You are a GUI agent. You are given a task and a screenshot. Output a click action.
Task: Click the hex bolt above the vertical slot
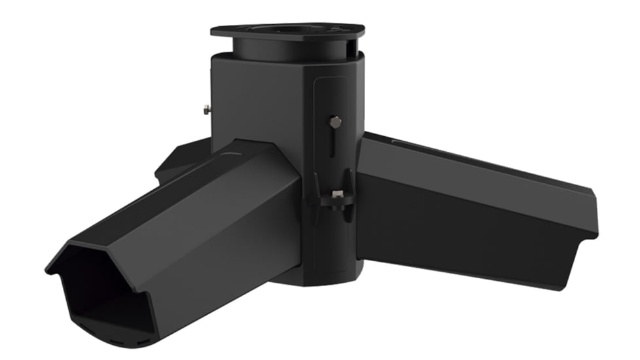(336, 122)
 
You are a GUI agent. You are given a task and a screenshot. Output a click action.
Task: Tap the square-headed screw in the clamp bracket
(337, 194)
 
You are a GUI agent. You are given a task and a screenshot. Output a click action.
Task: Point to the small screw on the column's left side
(206, 110)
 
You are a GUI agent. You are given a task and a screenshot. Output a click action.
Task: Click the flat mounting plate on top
(288, 31)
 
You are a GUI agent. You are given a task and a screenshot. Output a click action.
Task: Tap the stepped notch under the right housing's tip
(579, 252)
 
